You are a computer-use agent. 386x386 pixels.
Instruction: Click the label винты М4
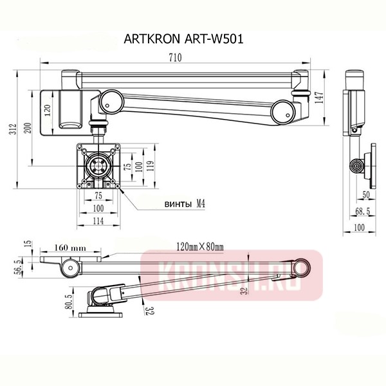click(x=185, y=204)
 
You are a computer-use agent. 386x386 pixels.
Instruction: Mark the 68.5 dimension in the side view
click(x=365, y=211)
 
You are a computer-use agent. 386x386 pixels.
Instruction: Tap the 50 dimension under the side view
click(x=365, y=194)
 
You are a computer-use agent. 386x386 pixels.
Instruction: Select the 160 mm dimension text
click(x=71, y=246)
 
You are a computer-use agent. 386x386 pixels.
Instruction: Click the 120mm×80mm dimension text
click(x=199, y=246)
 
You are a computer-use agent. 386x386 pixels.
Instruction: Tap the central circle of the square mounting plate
click(x=98, y=165)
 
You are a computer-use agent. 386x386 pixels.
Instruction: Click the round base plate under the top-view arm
click(x=102, y=315)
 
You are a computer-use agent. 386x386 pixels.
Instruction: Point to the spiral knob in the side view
click(x=356, y=167)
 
